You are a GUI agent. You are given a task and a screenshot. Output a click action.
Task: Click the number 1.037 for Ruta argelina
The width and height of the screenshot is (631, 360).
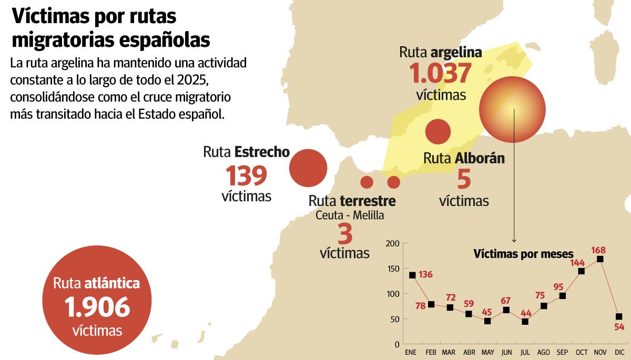[441, 74]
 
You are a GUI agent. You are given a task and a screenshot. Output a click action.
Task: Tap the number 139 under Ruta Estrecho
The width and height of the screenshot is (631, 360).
[246, 176]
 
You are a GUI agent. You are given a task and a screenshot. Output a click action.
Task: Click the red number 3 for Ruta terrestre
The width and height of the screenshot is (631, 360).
[345, 233]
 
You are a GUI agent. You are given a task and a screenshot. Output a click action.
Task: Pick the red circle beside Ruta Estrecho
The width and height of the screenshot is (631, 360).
[309, 168]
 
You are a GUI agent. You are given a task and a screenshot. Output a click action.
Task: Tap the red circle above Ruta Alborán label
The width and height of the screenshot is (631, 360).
[437, 131]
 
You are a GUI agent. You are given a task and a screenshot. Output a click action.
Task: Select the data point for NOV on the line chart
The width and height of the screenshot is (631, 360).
[600, 259]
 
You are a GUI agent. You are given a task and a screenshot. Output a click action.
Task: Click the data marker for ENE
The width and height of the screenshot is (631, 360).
[412, 275]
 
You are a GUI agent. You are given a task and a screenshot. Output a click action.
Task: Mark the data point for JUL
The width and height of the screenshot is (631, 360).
[525, 322]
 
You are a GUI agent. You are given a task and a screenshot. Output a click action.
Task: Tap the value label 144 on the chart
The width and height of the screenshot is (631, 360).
[578, 262]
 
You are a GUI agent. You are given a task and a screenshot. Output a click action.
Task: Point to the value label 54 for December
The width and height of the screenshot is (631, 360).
[619, 327]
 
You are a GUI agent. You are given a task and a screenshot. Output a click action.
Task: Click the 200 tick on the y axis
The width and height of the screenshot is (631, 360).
[393, 244]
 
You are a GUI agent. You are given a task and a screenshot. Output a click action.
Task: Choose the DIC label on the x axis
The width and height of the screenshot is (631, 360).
[619, 352]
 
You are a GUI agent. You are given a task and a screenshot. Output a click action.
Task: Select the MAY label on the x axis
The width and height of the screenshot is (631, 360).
[487, 352]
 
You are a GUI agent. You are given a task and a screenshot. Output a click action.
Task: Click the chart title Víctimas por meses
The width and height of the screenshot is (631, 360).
[523, 254]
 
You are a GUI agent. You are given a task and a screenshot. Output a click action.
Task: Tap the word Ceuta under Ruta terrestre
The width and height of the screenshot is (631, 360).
[329, 215]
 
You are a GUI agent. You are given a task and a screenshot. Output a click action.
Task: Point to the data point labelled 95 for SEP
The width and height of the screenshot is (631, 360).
[563, 296]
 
